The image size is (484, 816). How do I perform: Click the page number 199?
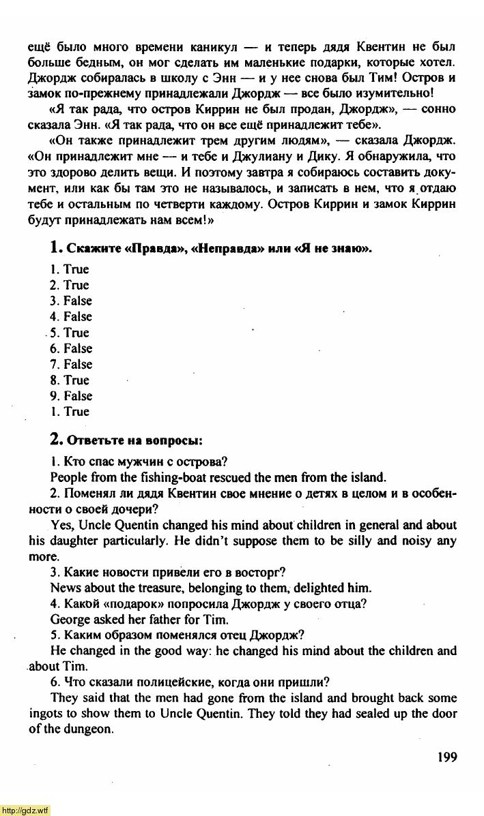tap(444, 757)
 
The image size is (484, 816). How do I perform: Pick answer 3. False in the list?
tap(71, 301)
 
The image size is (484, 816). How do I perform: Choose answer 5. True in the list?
tap(71, 333)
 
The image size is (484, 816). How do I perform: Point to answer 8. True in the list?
tap(71, 380)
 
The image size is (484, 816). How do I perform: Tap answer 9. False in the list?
tap(71, 395)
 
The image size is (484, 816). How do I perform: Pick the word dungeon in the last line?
tap(89, 729)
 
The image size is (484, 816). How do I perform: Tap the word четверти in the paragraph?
tap(180, 205)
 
